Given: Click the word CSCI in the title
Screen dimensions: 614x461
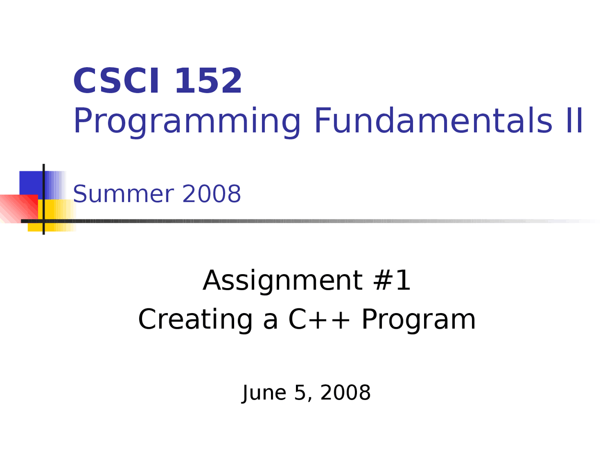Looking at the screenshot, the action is pyautogui.click(x=117, y=81).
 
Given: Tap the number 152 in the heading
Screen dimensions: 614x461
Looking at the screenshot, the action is pyautogui.click(x=209, y=81).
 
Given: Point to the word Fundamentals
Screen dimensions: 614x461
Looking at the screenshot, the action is pyautogui.click(x=433, y=120).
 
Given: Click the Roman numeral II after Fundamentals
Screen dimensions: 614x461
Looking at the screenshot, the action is pyautogui.click(x=574, y=120).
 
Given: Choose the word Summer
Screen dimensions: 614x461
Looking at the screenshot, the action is pyautogui.click(x=123, y=194).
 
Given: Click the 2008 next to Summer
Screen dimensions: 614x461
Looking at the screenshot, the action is pyautogui.click(x=212, y=194).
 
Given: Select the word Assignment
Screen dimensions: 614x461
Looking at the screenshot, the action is pyautogui.click(x=283, y=281).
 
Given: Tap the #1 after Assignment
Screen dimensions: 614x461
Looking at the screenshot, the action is pyautogui.click(x=391, y=280).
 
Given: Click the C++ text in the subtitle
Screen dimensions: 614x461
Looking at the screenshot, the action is pyautogui.click(x=319, y=319).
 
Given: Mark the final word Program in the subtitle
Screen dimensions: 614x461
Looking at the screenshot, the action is pyautogui.click(x=418, y=320).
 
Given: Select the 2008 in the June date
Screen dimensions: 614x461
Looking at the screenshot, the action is pyautogui.click(x=345, y=393).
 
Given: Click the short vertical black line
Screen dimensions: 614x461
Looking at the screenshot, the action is pyautogui.click(x=44, y=199).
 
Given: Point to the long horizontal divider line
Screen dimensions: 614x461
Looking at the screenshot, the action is pyautogui.click(x=310, y=221).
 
